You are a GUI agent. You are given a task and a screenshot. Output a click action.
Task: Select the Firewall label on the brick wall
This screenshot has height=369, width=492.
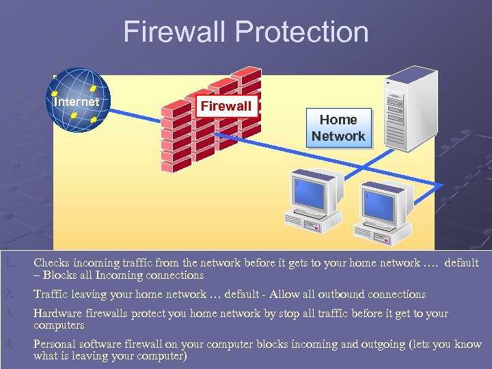click(225, 106)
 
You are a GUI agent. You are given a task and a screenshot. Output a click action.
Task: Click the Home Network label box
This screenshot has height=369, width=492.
click(338, 128)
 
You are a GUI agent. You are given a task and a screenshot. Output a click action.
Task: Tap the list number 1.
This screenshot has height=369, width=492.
click(8, 263)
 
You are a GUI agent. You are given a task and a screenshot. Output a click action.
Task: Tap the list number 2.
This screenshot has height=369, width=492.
click(8, 295)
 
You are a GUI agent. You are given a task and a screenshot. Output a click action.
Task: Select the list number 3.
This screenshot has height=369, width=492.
click(8, 314)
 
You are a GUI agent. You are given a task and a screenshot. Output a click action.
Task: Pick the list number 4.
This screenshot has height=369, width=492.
click(8, 344)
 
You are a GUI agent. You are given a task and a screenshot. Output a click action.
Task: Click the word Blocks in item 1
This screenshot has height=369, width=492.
click(59, 275)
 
